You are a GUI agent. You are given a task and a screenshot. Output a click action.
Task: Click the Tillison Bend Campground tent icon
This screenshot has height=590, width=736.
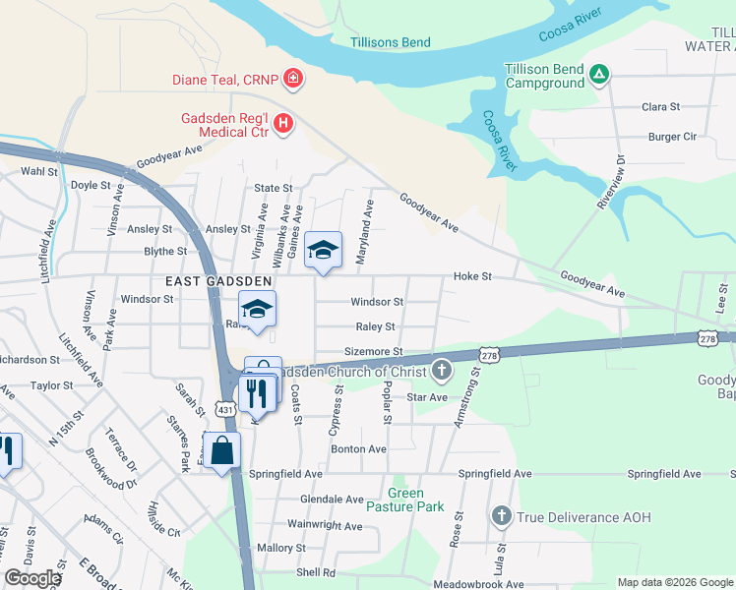point(598,73)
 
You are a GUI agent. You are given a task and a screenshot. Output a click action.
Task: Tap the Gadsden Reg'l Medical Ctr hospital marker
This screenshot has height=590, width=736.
point(283,123)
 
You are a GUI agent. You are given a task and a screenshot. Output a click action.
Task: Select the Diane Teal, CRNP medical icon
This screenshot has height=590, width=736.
point(292,78)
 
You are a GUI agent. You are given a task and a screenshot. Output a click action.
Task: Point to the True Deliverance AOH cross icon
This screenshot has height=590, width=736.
point(501,515)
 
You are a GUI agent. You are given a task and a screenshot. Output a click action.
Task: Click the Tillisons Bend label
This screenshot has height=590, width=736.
point(391,42)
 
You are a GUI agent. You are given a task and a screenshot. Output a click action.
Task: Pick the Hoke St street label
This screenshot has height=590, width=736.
point(471,277)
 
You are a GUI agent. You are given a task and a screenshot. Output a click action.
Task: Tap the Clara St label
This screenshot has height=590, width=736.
point(660,106)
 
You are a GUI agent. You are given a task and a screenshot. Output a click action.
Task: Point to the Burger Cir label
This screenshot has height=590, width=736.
point(671,137)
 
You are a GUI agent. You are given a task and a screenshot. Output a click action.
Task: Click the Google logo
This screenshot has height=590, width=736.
point(31,577)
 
